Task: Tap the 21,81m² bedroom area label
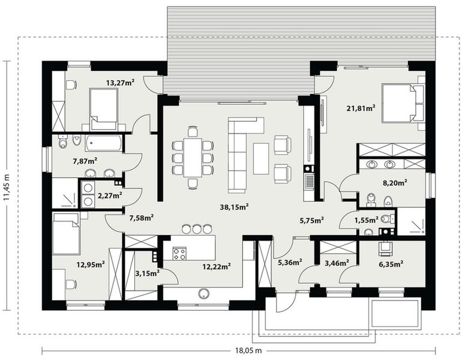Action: pyautogui.click(x=361, y=108)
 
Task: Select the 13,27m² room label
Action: pyautogui.click(x=120, y=83)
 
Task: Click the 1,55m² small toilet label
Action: pyautogui.click(x=367, y=220)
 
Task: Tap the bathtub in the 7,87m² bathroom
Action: pyautogui.click(x=104, y=143)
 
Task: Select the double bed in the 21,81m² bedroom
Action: pyautogui.click(x=398, y=103)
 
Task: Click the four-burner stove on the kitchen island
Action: pyautogui.click(x=179, y=253)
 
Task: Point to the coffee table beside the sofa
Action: pyautogui.click(x=261, y=158)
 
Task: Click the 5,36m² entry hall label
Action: pyautogui.click(x=290, y=262)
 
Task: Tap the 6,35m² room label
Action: pyautogui.click(x=390, y=262)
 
